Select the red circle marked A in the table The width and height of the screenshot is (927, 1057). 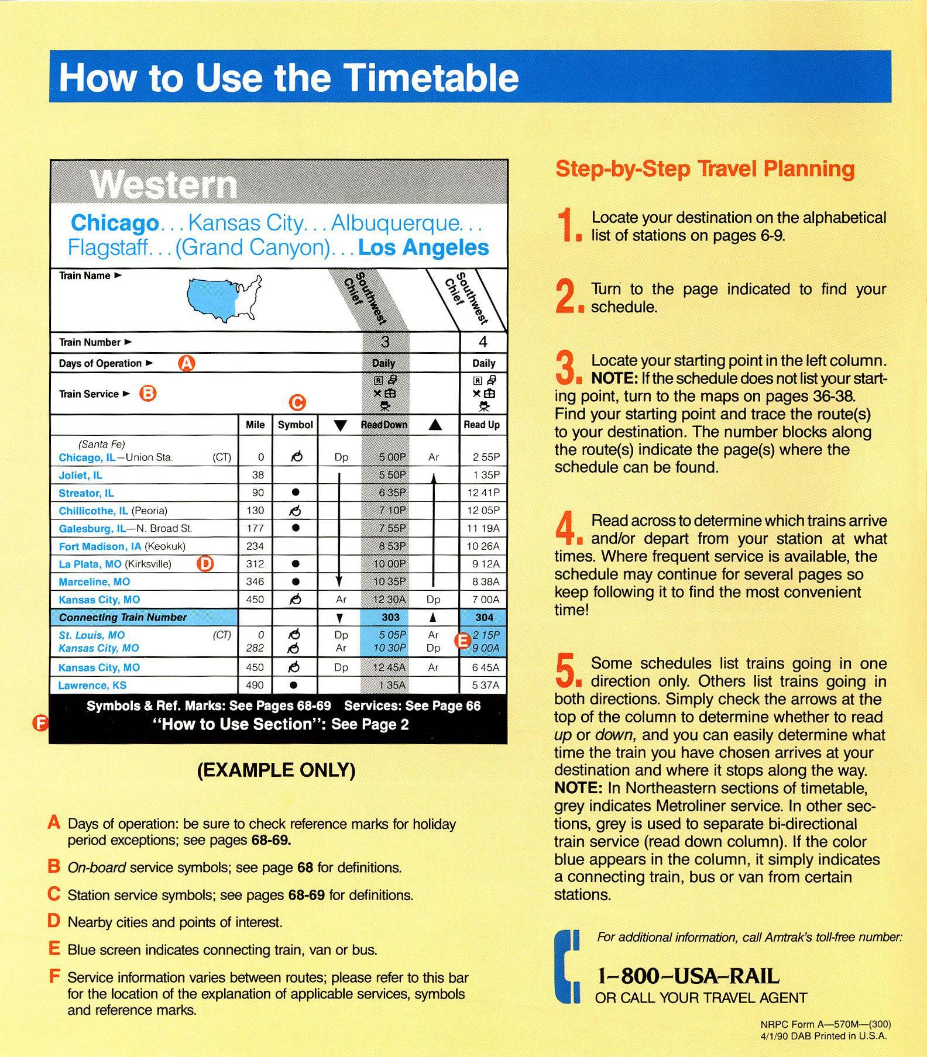(186, 363)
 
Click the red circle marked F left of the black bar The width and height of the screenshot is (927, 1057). (40, 724)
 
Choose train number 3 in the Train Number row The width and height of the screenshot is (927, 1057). (385, 342)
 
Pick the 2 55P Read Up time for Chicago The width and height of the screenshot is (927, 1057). (483, 457)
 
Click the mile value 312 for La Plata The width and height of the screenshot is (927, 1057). (255, 564)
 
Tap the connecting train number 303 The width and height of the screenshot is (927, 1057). (390, 617)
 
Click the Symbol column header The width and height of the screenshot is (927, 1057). (295, 425)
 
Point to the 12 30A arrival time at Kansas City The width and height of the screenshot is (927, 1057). (390, 600)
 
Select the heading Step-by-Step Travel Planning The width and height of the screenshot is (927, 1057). (705, 169)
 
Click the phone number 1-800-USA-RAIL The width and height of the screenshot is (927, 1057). (688, 976)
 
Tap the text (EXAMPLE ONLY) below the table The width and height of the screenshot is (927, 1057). (276, 770)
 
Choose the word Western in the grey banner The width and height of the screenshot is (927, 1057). (164, 185)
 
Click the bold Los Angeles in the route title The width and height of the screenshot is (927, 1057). (423, 247)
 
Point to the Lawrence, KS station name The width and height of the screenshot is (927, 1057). (92, 685)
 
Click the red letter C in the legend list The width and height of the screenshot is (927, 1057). (54, 894)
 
